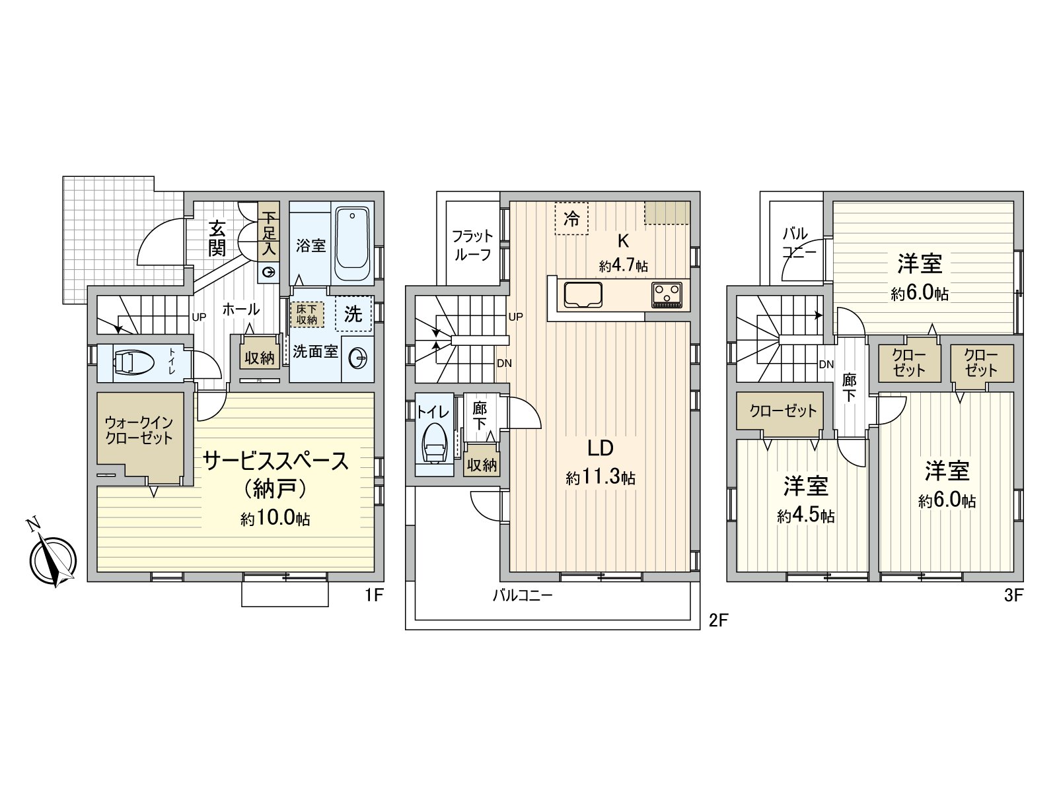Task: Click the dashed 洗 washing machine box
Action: coord(353,314)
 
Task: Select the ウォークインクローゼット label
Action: coord(139,430)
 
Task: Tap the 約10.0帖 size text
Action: coord(275,519)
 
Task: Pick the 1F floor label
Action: coord(373,596)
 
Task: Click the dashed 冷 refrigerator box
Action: coord(571,218)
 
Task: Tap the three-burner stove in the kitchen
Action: coord(667,294)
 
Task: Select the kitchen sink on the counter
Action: coord(581,294)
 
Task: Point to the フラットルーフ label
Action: coord(472,245)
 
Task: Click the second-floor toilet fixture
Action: coord(433,444)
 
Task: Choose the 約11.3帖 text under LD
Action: coord(601,477)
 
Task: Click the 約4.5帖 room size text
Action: coord(806,515)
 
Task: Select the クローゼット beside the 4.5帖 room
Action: coord(783,411)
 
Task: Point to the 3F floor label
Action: coord(1013,596)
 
